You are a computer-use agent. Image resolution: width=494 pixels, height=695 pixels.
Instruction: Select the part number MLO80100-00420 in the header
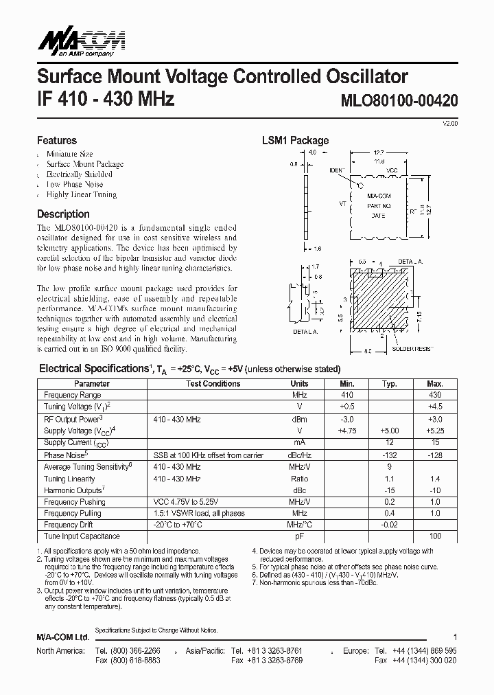coord(399,100)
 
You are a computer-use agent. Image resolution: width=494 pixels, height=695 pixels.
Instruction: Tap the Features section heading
coord(57,140)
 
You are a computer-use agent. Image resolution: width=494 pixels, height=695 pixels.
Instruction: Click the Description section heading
coord(63,214)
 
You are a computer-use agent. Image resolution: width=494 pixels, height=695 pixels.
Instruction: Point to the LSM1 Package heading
coord(295,140)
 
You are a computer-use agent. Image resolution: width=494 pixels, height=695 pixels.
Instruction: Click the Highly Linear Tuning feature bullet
coord(81,194)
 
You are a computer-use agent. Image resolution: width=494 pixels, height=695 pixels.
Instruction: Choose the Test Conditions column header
coord(213,384)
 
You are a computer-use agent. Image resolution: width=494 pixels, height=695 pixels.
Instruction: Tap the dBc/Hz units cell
coord(299,455)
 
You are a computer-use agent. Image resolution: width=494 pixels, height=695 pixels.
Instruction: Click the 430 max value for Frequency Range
coord(434,395)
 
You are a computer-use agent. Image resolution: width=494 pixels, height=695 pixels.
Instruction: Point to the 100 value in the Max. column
coord(434,536)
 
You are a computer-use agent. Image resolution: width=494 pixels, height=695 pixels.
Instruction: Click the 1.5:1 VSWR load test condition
coord(199,513)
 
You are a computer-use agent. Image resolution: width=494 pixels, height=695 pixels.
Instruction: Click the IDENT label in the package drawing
coord(338,170)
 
